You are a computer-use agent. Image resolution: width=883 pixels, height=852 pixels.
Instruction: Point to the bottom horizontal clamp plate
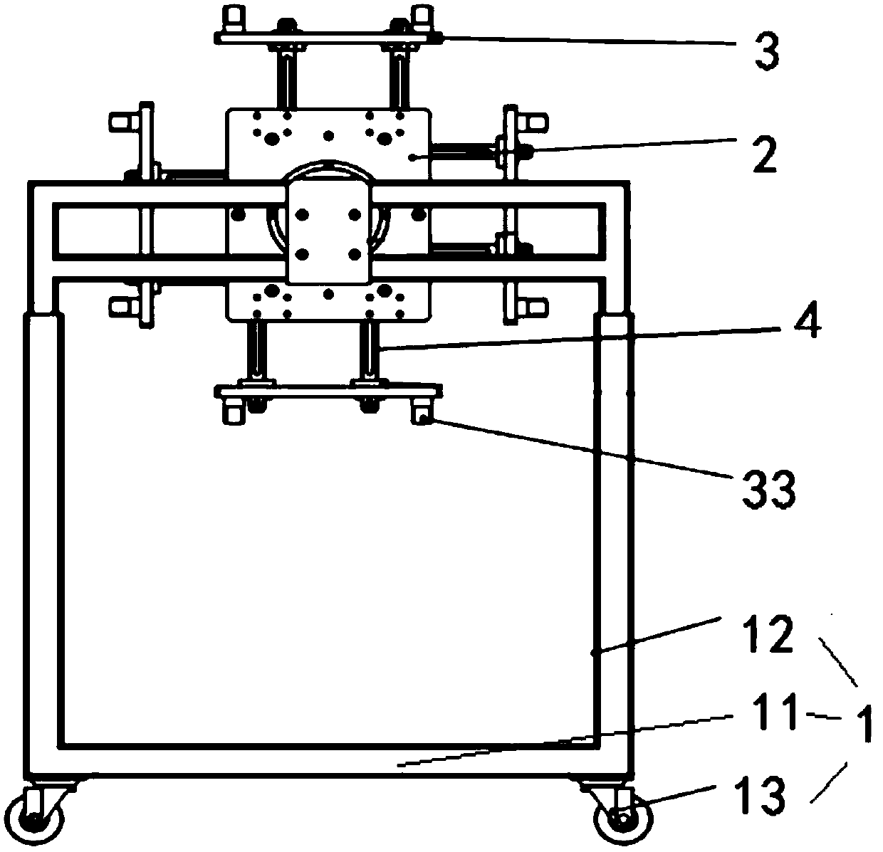point(328,391)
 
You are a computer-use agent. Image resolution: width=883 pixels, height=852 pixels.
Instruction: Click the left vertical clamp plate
point(147,214)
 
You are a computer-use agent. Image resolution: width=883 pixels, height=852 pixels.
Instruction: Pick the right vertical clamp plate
point(511,214)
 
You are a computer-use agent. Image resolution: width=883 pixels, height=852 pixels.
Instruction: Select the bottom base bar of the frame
point(328,763)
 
